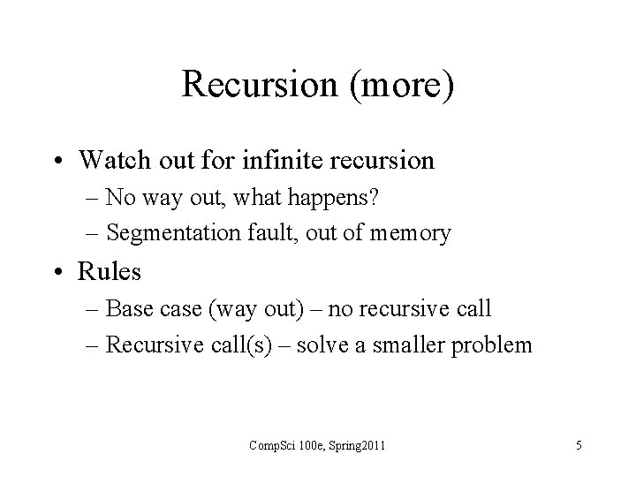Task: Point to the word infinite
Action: (266, 160)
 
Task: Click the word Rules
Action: (110, 271)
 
